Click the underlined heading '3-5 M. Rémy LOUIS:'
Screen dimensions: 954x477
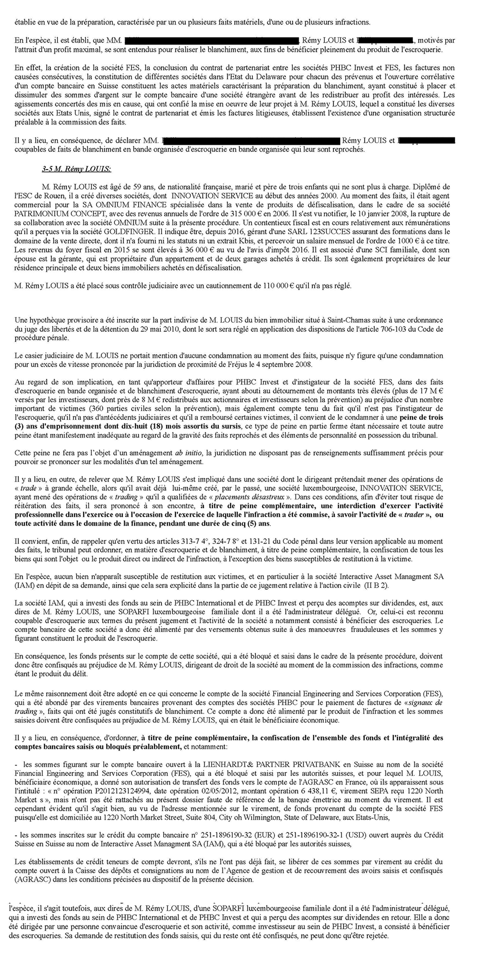[76, 169]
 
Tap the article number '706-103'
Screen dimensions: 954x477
[387, 329]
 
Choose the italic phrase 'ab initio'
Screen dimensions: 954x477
[189, 453]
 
